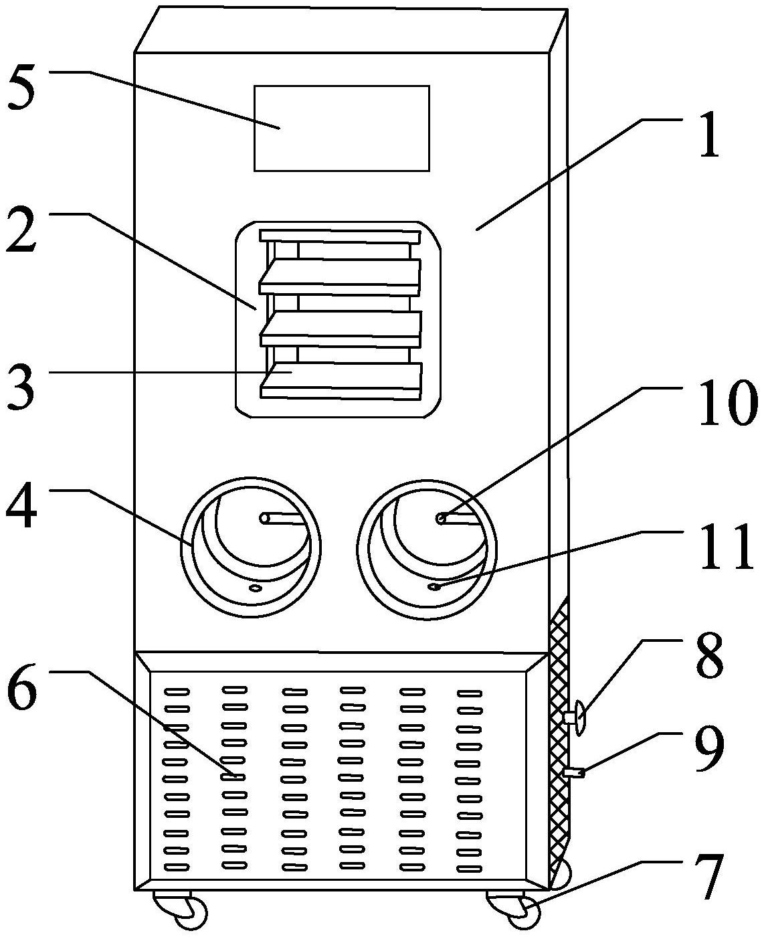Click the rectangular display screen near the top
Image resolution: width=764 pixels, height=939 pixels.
click(341, 128)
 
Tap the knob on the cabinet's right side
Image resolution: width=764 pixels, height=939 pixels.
click(577, 718)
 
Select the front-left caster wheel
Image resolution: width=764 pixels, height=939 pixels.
click(189, 912)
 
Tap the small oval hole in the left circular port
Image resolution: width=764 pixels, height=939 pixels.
click(254, 588)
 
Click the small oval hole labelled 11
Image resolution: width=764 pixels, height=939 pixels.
click(434, 587)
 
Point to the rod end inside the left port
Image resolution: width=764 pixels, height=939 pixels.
click(266, 518)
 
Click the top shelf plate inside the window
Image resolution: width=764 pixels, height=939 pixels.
click(340, 236)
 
